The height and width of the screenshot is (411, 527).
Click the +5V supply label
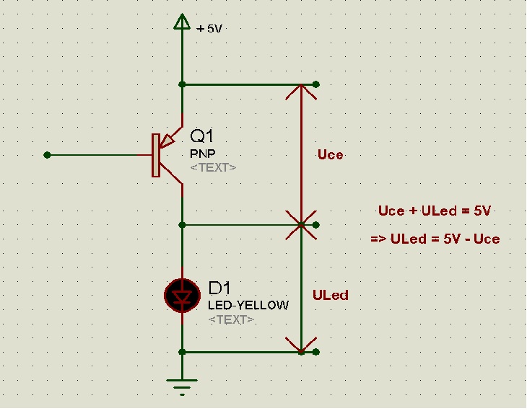pyautogui.click(x=209, y=29)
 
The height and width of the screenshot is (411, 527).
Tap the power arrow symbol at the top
pyautogui.click(x=182, y=22)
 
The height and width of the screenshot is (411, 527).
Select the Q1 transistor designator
pyautogui.click(x=201, y=136)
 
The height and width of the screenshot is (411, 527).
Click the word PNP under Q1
pyautogui.click(x=203, y=154)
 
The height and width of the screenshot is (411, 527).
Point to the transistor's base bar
pyautogui.click(x=156, y=155)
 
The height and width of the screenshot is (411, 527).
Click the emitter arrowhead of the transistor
pyautogui.click(x=167, y=141)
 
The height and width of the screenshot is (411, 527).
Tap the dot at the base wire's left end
pyautogui.click(x=47, y=155)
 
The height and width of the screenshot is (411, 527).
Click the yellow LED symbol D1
pyautogui.click(x=182, y=296)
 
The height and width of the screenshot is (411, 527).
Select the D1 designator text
pyautogui.click(x=219, y=288)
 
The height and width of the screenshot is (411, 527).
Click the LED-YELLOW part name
pyautogui.click(x=248, y=305)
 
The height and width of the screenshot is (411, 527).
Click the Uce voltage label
pyautogui.click(x=331, y=154)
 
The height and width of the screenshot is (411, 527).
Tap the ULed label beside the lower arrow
pyautogui.click(x=331, y=295)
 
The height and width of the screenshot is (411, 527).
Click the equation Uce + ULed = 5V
pyautogui.click(x=435, y=211)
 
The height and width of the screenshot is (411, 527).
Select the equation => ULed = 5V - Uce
pyautogui.click(x=435, y=239)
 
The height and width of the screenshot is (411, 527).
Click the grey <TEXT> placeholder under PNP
pyautogui.click(x=213, y=167)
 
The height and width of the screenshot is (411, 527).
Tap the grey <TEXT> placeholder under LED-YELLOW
pyautogui.click(x=231, y=319)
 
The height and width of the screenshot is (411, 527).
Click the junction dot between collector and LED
pyautogui.click(x=182, y=225)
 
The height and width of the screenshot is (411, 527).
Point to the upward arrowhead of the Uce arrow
pyautogui.click(x=301, y=92)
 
